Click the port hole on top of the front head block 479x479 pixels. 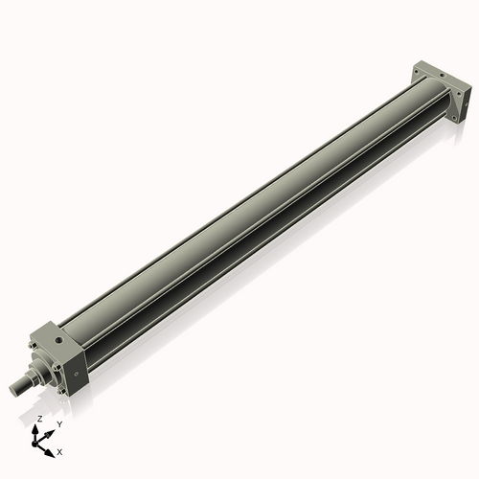pyautogui.click(x=59, y=336)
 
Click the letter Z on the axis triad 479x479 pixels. pyautogui.click(x=39, y=420)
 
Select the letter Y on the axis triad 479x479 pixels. pyautogui.click(x=59, y=423)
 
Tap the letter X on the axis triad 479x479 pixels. pyautogui.click(x=60, y=450)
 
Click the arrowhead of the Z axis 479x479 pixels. pyautogui.click(x=38, y=428)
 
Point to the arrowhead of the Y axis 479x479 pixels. pyautogui.click(x=51, y=428)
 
